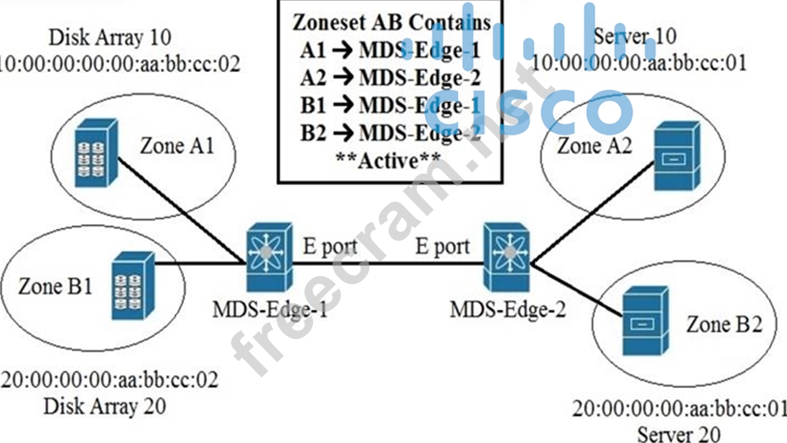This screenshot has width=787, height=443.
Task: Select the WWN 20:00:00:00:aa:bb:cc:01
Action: [678, 409]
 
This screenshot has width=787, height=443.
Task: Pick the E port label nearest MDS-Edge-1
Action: [330, 246]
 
